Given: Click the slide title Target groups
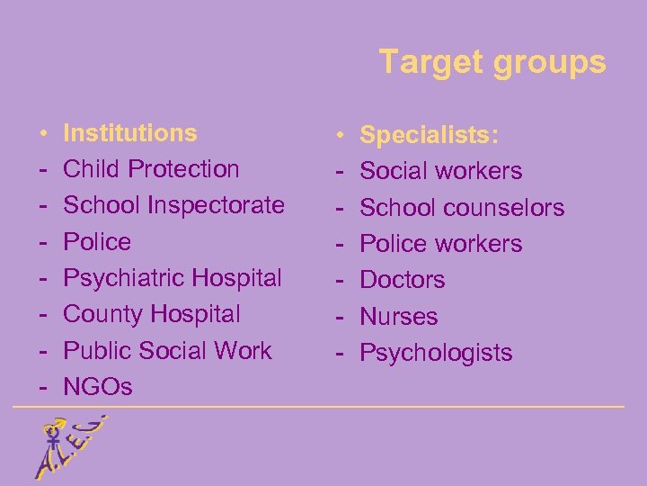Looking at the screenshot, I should pyautogui.click(x=492, y=62).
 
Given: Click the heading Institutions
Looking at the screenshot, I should pyautogui.click(x=130, y=133).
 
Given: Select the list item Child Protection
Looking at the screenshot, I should pyautogui.click(x=152, y=169).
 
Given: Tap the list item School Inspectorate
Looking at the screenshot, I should pyautogui.click(x=174, y=205).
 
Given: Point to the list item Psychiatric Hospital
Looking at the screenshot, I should pyautogui.click(x=173, y=278).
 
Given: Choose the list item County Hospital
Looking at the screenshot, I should pyautogui.click(x=152, y=314).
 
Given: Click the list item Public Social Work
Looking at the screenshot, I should pyautogui.click(x=167, y=350).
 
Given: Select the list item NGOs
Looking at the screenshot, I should pyautogui.click(x=98, y=387).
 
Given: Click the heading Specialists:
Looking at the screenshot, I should pyautogui.click(x=430, y=135).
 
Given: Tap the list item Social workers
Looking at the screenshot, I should pyautogui.click(x=441, y=171).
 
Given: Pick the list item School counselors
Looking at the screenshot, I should pyautogui.click(x=462, y=208).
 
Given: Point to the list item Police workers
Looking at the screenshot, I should pyautogui.click(x=441, y=244).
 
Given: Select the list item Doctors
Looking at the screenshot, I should pyautogui.click(x=403, y=280).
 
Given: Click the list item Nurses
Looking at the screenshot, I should pyautogui.click(x=399, y=317).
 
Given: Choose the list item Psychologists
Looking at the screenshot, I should pyautogui.click(x=436, y=353).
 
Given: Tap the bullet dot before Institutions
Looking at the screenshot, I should pyautogui.click(x=42, y=134).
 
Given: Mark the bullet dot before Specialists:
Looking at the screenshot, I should pyautogui.click(x=341, y=136).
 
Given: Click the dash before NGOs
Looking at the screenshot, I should pyautogui.click(x=42, y=387).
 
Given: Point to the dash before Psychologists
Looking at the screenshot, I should pyautogui.click(x=341, y=353).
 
